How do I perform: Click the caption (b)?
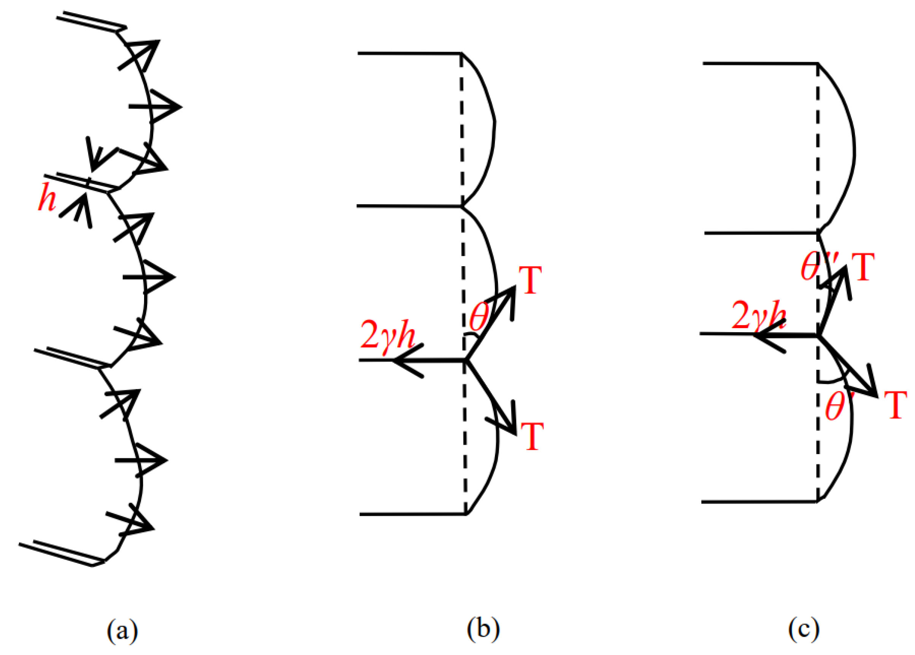483,629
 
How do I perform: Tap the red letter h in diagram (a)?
47,199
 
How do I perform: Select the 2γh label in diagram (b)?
387,334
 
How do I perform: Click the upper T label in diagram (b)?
530,280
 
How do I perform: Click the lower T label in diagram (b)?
532,436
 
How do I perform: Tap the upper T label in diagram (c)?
863,267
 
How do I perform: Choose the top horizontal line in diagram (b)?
409,53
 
